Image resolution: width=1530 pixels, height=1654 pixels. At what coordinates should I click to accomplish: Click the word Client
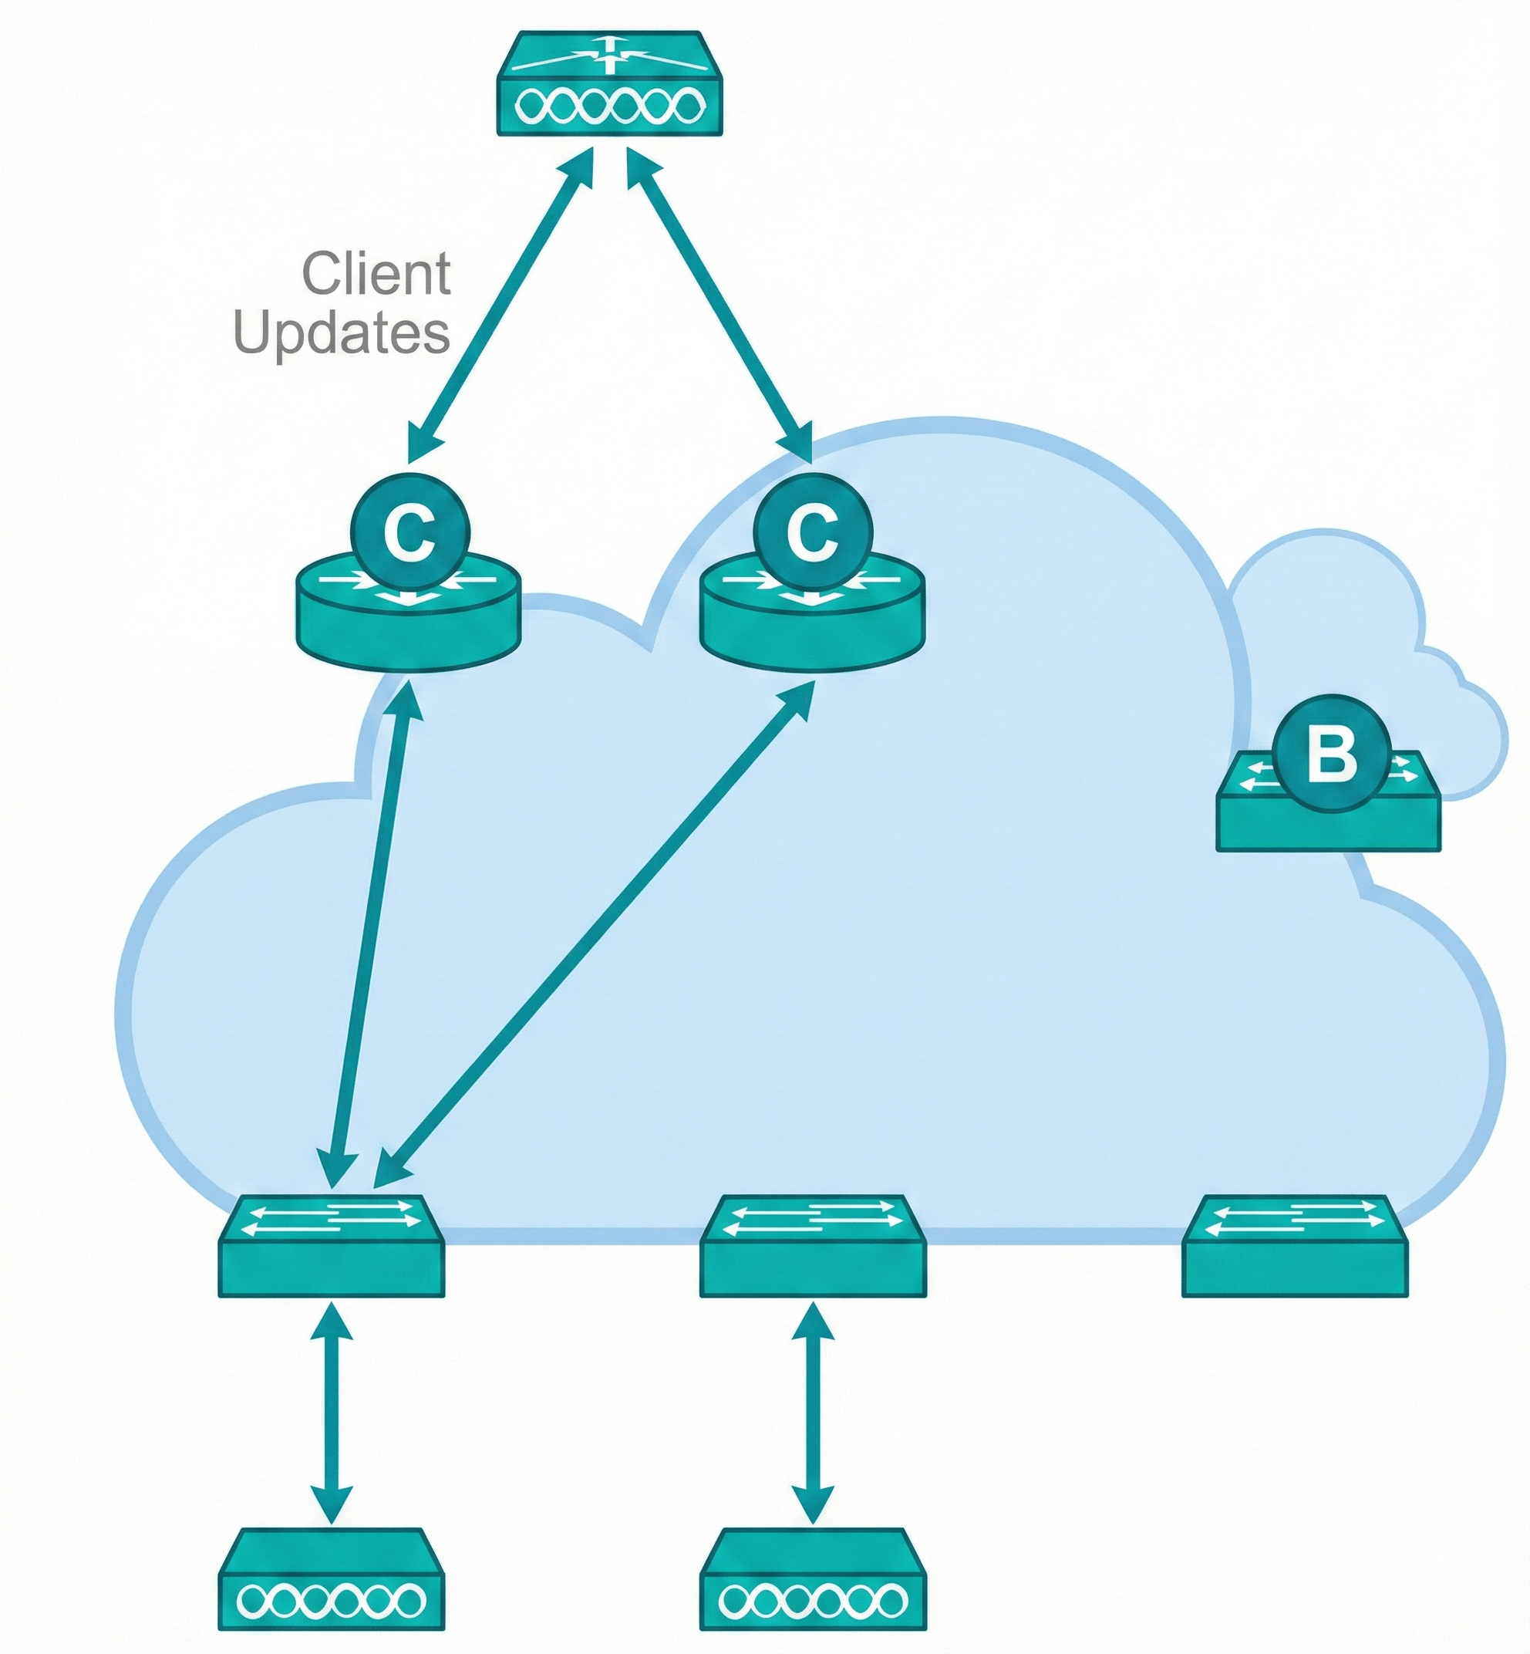pos(376,274)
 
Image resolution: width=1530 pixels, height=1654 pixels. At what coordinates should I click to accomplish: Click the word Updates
pos(342,333)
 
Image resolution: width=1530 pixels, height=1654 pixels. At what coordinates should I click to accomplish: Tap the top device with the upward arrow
pos(610,83)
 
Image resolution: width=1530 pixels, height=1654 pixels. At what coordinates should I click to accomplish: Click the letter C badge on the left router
pos(412,532)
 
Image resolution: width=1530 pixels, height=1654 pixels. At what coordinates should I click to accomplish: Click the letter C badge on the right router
pos(813,532)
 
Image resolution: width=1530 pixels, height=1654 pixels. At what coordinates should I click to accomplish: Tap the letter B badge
pos(1331,755)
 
